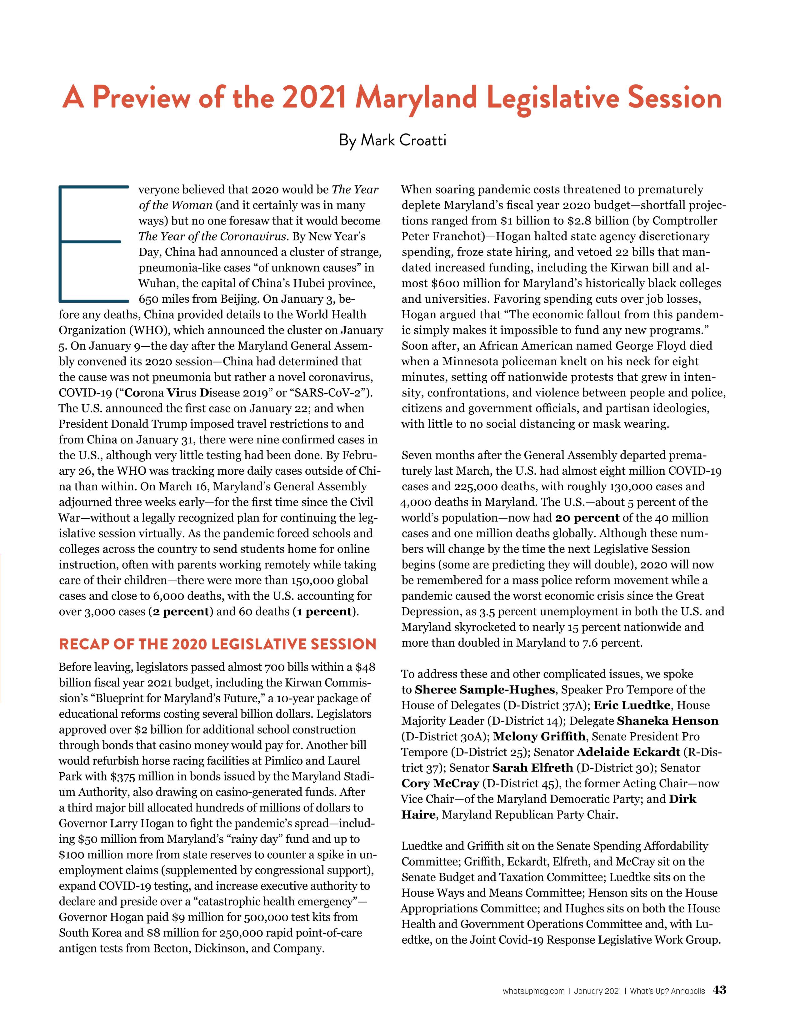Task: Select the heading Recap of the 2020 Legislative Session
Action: (x=217, y=644)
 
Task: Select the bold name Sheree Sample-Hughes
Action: (x=485, y=690)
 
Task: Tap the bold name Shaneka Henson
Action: (x=667, y=721)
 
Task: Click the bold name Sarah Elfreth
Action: (x=532, y=768)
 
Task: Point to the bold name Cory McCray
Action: (x=440, y=784)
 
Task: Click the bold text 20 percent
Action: (x=587, y=518)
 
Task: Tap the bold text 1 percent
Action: (x=324, y=612)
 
